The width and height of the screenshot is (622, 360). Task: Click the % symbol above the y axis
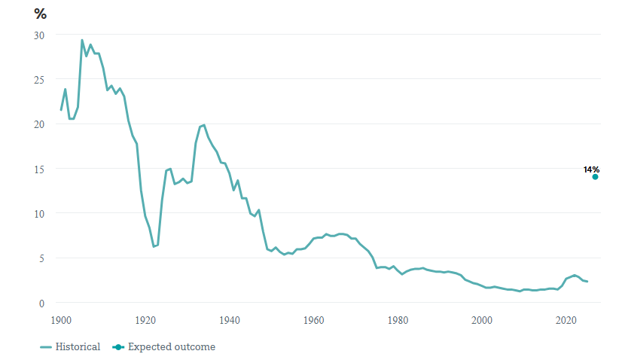click(x=40, y=14)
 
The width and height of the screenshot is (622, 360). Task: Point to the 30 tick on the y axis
click(x=39, y=35)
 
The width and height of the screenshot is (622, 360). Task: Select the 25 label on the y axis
click(x=39, y=80)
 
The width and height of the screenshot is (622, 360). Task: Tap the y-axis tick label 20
click(x=39, y=124)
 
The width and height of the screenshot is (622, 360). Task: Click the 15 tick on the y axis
click(x=39, y=169)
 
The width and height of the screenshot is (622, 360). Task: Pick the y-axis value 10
click(x=39, y=214)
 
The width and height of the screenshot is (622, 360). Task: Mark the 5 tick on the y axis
click(x=42, y=258)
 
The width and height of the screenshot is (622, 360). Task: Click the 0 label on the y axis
click(x=42, y=303)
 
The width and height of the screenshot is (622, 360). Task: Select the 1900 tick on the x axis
click(x=61, y=319)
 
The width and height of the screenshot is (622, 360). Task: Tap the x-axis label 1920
click(x=145, y=319)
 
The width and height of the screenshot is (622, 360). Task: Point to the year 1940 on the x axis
click(x=230, y=319)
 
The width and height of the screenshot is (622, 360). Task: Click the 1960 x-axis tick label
click(x=314, y=319)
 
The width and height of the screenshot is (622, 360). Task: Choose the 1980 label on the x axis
click(x=398, y=319)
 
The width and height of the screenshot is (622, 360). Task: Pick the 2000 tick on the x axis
click(x=483, y=319)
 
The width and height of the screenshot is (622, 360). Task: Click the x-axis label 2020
click(x=566, y=319)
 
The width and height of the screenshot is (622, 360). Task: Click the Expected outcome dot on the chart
click(x=595, y=177)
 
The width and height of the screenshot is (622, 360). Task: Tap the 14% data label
click(x=591, y=169)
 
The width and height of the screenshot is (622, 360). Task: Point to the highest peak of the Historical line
click(x=82, y=40)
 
